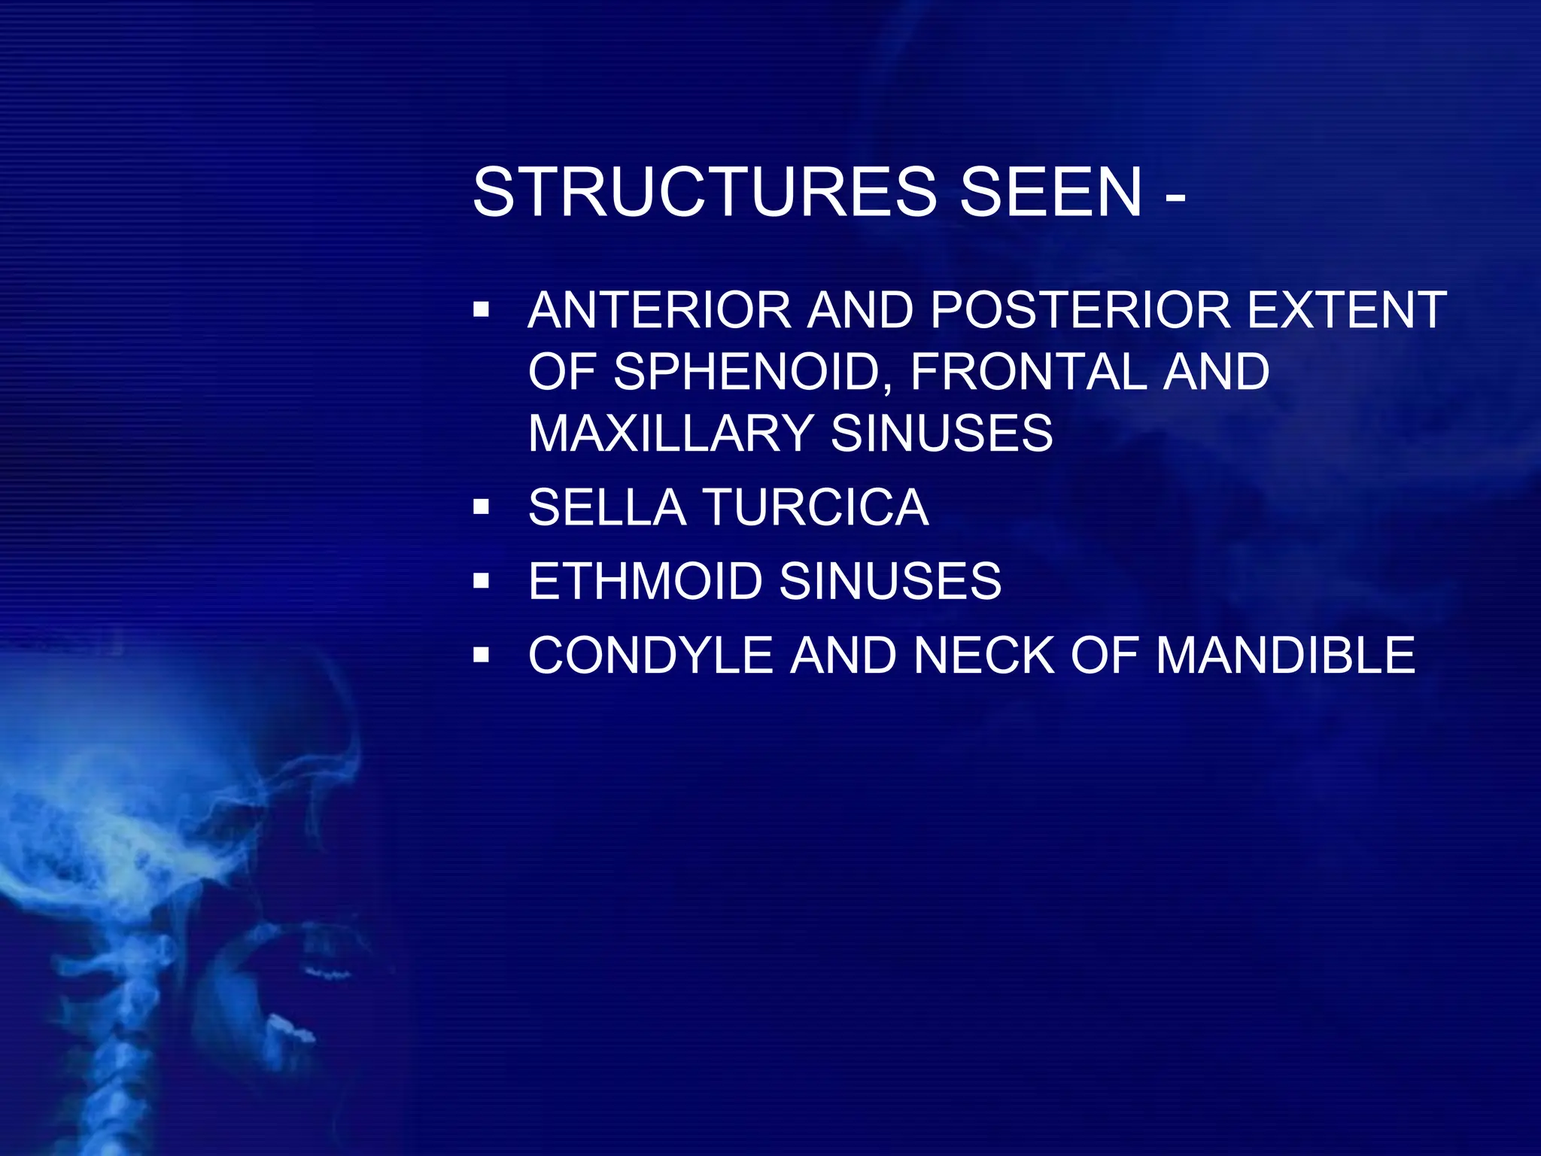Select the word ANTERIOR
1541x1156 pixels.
[x=659, y=310]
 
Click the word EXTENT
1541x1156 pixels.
[x=1347, y=310]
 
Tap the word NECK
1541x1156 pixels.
[x=986, y=655]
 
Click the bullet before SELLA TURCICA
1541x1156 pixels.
[x=482, y=508]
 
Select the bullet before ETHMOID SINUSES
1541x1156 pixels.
[x=482, y=581]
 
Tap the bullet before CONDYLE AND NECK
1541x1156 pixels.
[x=482, y=656]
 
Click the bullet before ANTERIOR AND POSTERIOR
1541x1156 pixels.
[x=482, y=310]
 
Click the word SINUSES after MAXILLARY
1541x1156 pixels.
[x=941, y=433]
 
